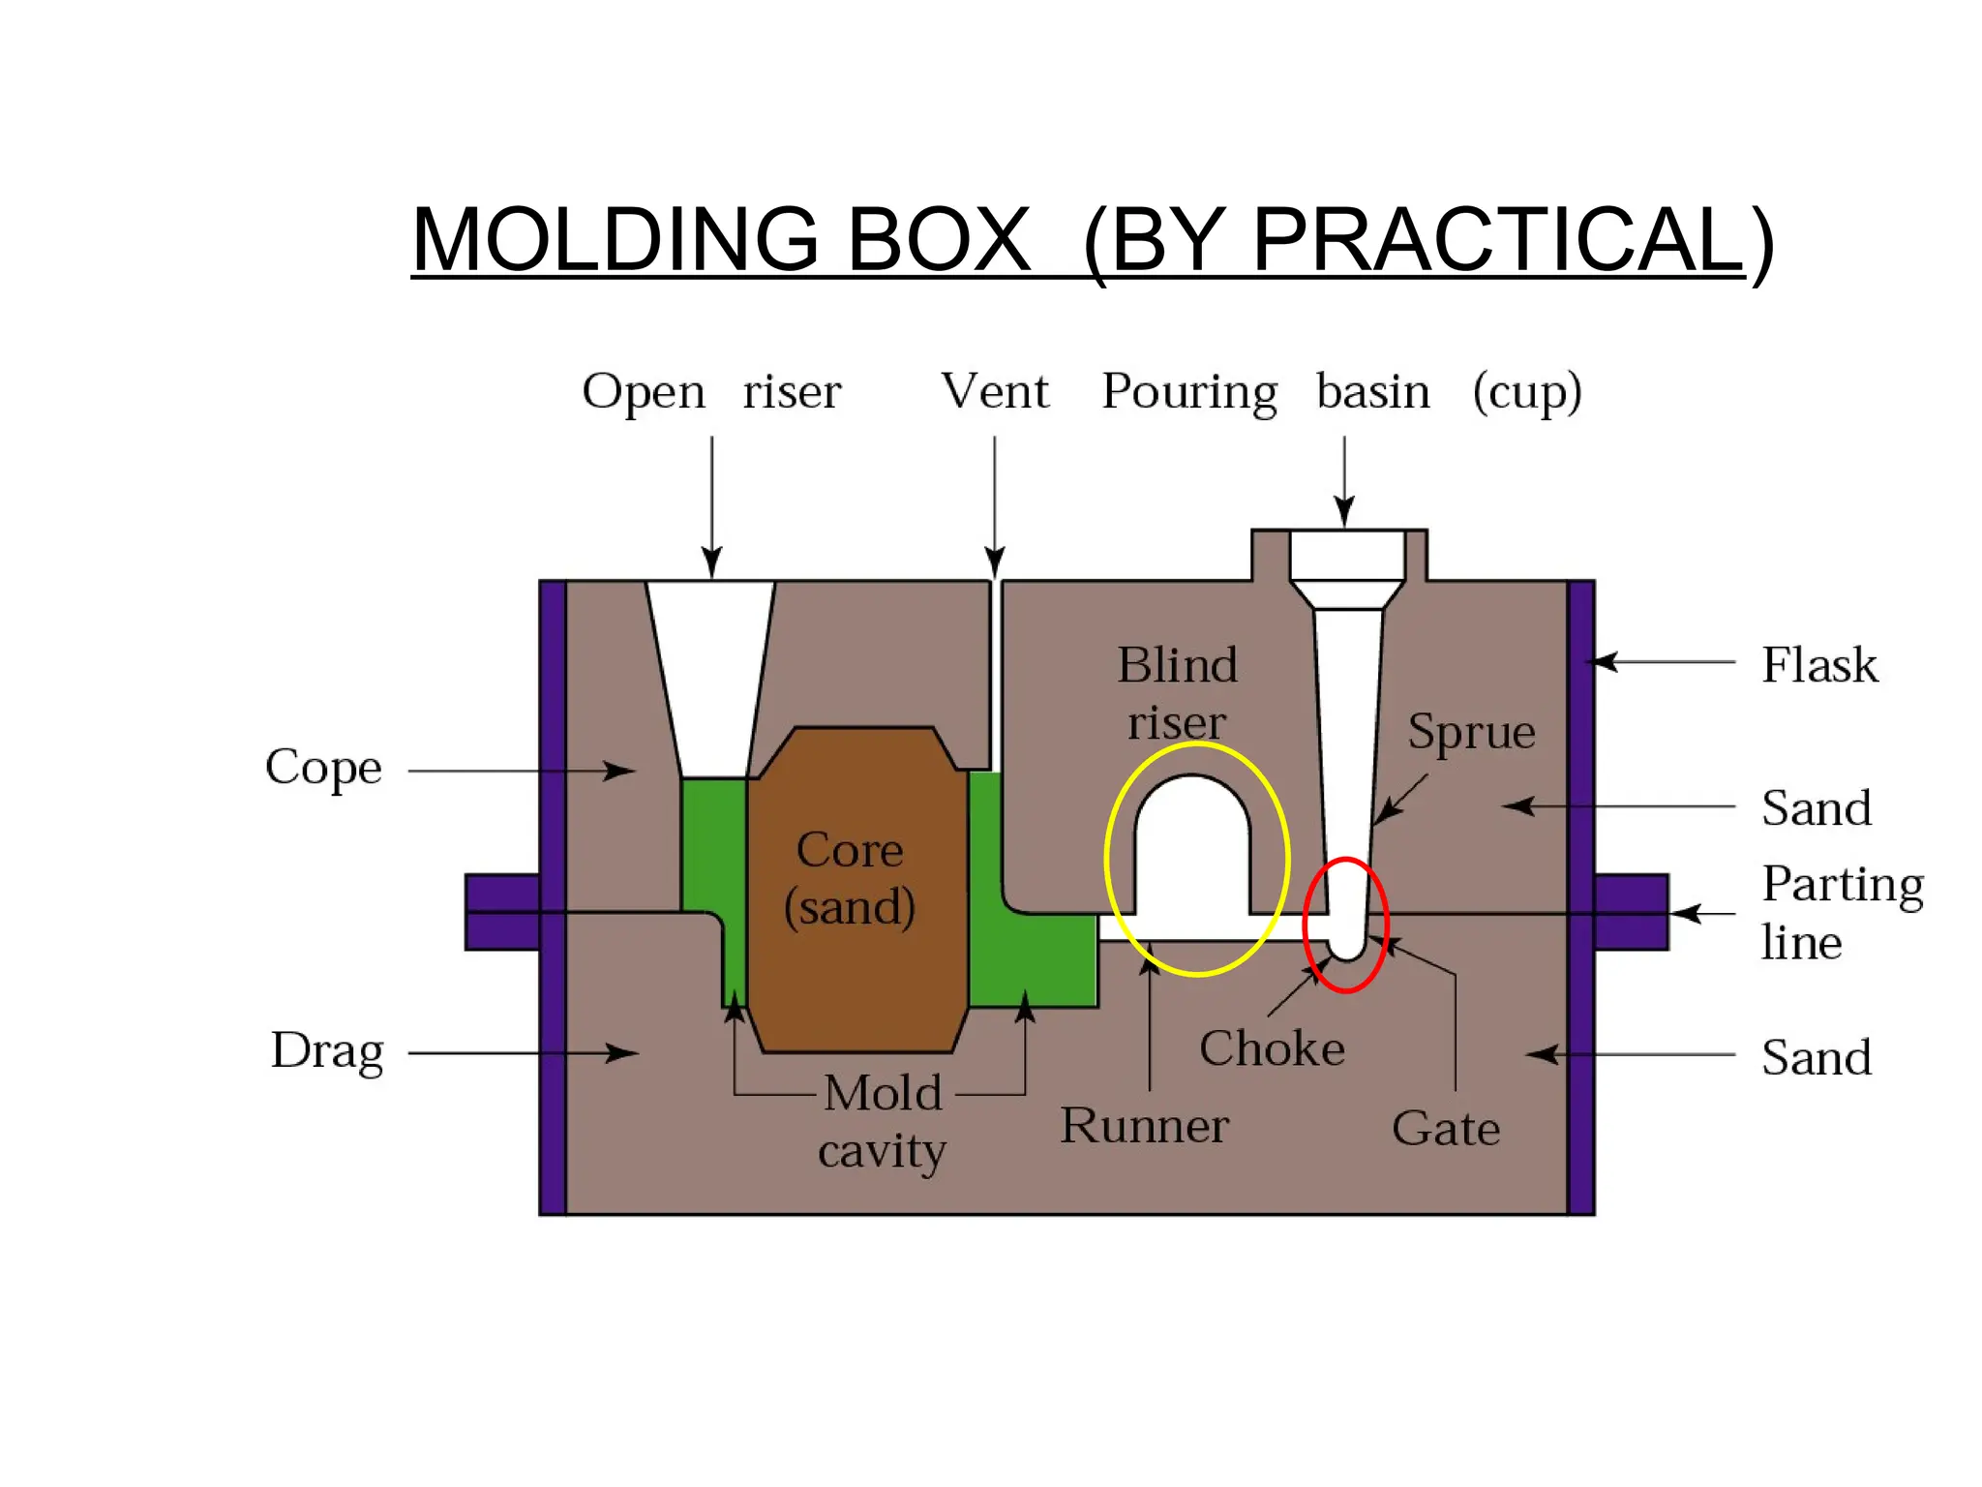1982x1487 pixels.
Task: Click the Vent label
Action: [995, 392]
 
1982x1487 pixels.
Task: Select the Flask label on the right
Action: [1818, 665]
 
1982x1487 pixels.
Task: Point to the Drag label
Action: [327, 1051]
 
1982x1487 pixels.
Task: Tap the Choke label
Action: [1272, 1048]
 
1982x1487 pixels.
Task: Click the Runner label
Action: [1144, 1126]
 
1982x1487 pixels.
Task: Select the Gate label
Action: [1446, 1129]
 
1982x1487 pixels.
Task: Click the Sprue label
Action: [1471, 731]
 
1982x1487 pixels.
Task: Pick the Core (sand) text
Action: [850, 879]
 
